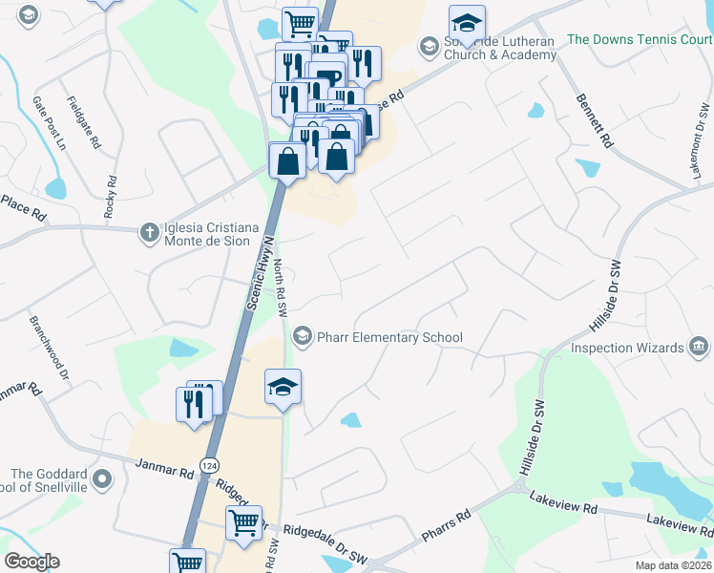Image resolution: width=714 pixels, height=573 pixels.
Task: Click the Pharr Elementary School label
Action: click(x=389, y=337)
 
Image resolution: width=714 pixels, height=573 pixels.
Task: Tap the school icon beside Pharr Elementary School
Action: click(x=303, y=335)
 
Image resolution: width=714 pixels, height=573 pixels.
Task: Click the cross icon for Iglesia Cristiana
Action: click(x=148, y=232)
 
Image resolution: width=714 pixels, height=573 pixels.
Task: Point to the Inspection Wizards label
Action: click(x=627, y=348)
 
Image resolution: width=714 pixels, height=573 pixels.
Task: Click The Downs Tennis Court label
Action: click(x=640, y=40)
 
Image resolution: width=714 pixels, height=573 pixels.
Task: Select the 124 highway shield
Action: click(x=208, y=464)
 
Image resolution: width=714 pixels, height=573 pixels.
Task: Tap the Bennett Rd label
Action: click(x=593, y=120)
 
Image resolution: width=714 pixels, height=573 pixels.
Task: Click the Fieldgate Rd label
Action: click(x=83, y=121)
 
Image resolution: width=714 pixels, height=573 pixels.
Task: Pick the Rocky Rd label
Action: click(x=111, y=197)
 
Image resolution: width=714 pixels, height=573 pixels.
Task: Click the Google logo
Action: click(x=31, y=562)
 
